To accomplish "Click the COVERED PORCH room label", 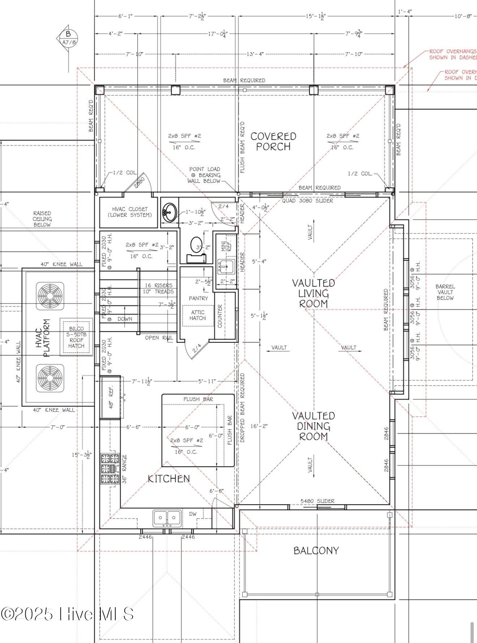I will coord(273,141).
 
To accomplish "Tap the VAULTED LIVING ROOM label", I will coord(313,293).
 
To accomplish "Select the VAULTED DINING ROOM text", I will coord(313,426).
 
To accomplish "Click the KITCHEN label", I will coord(169,479).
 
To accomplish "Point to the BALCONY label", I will coord(316,550).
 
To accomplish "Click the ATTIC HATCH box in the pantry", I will coord(198,316).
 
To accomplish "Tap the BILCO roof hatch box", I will coord(76,337).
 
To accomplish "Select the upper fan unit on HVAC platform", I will coord(50,296).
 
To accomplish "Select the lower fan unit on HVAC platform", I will coord(50,378).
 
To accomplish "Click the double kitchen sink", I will coord(167,518).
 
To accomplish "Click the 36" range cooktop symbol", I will coord(110,469).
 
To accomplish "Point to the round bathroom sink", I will coord(169,212).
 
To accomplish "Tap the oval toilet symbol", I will coord(197,245).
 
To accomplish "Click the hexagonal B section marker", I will coord(68,38).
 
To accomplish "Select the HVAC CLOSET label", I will coord(130,212).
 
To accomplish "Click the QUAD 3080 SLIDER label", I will coord(308,201).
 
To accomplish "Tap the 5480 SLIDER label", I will coord(317,501).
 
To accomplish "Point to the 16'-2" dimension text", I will coord(259,426).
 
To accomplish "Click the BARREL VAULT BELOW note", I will coord(445,292).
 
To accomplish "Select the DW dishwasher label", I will coord(193,514).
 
